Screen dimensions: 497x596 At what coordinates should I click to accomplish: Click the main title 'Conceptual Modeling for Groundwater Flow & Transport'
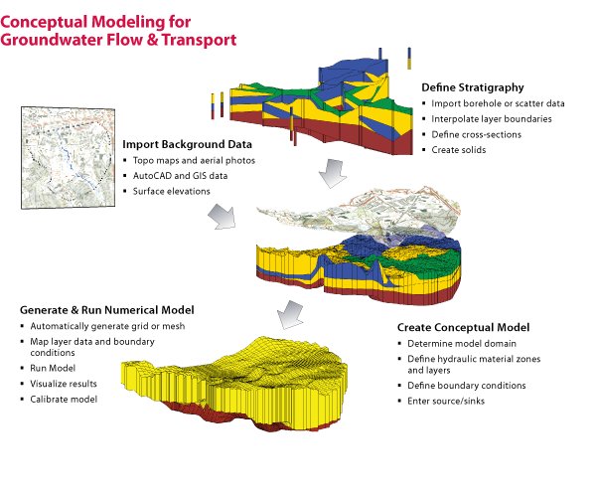click(x=119, y=31)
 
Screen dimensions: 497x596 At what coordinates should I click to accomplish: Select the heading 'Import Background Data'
click(x=183, y=142)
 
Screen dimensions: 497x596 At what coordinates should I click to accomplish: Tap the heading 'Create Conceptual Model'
click(x=463, y=327)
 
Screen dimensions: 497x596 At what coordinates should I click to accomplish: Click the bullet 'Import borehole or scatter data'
click(x=488, y=103)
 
